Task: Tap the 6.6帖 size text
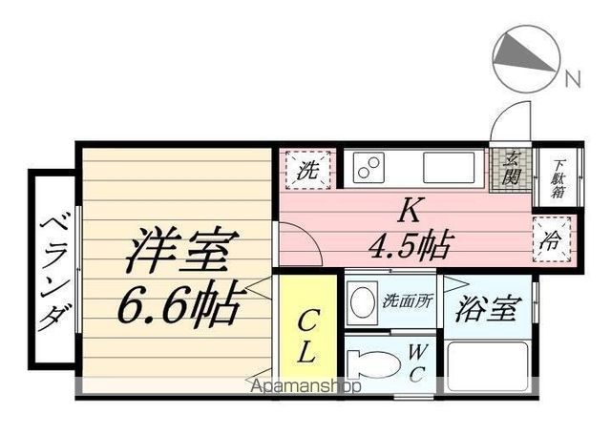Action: pyautogui.click(x=179, y=306)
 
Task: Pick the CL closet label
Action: pyautogui.click(x=306, y=335)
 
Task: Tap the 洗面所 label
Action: pyautogui.click(x=408, y=300)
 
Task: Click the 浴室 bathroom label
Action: pyautogui.click(x=486, y=308)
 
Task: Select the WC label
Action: pyautogui.click(x=417, y=362)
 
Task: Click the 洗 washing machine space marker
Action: pyautogui.click(x=307, y=172)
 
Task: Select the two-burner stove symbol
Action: pyautogui.click(x=369, y=170)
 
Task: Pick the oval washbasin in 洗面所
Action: pyautogui.click(x=363, y=303)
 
